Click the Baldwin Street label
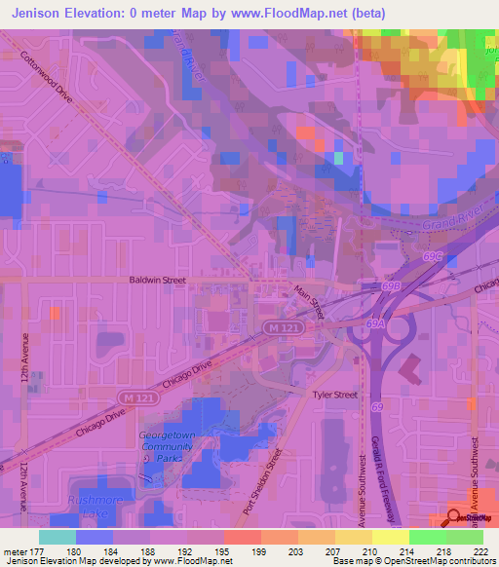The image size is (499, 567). point(157,280)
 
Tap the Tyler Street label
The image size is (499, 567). point(334,395)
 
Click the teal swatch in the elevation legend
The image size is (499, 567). point(58,537)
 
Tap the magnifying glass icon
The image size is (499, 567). point(455,519)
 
